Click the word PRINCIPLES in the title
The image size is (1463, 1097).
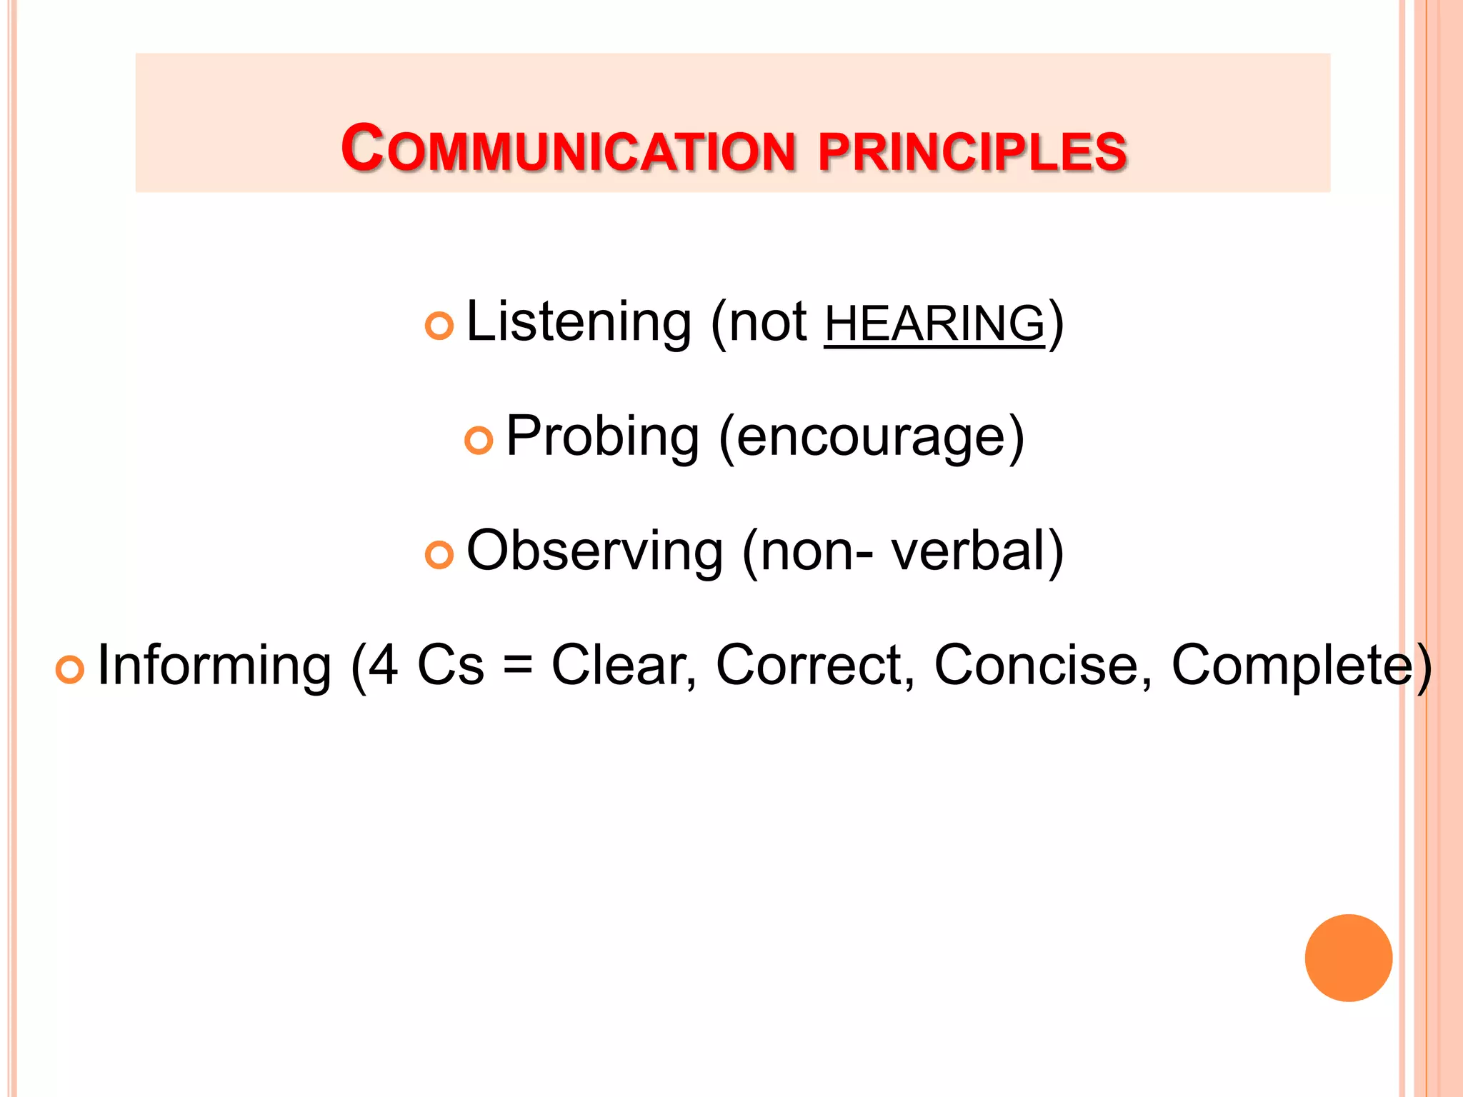click(972, 151)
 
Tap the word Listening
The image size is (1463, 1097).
click(579, 323)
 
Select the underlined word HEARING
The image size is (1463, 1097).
click(934, 324)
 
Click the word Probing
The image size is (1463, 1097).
click(602, 437)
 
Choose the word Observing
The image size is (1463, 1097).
click(595, 551)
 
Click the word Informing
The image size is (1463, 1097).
click(214, 666)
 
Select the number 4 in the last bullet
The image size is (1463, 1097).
click(383, 666)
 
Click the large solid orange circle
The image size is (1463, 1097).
click(1348, 958)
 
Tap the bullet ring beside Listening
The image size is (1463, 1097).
click(439, 326)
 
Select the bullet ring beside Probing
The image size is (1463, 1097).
click(479, 440)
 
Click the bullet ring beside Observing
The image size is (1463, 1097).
click(439, 555)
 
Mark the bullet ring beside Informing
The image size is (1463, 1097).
click(70, 669)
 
